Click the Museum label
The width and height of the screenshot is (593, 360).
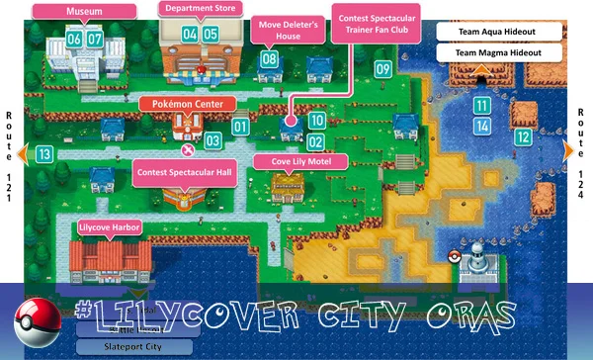click(x=84, y=11)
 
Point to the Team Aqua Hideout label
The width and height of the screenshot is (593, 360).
click(x=495, y=32)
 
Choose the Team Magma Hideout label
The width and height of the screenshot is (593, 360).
click(x=495, y=51)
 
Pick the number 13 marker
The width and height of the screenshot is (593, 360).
click(x=43, y=153)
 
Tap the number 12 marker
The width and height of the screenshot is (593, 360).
click(x=523, y=136)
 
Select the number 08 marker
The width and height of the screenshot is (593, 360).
click(x=269, y=59)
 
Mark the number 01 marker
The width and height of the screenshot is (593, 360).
click(x=240, y=126)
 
